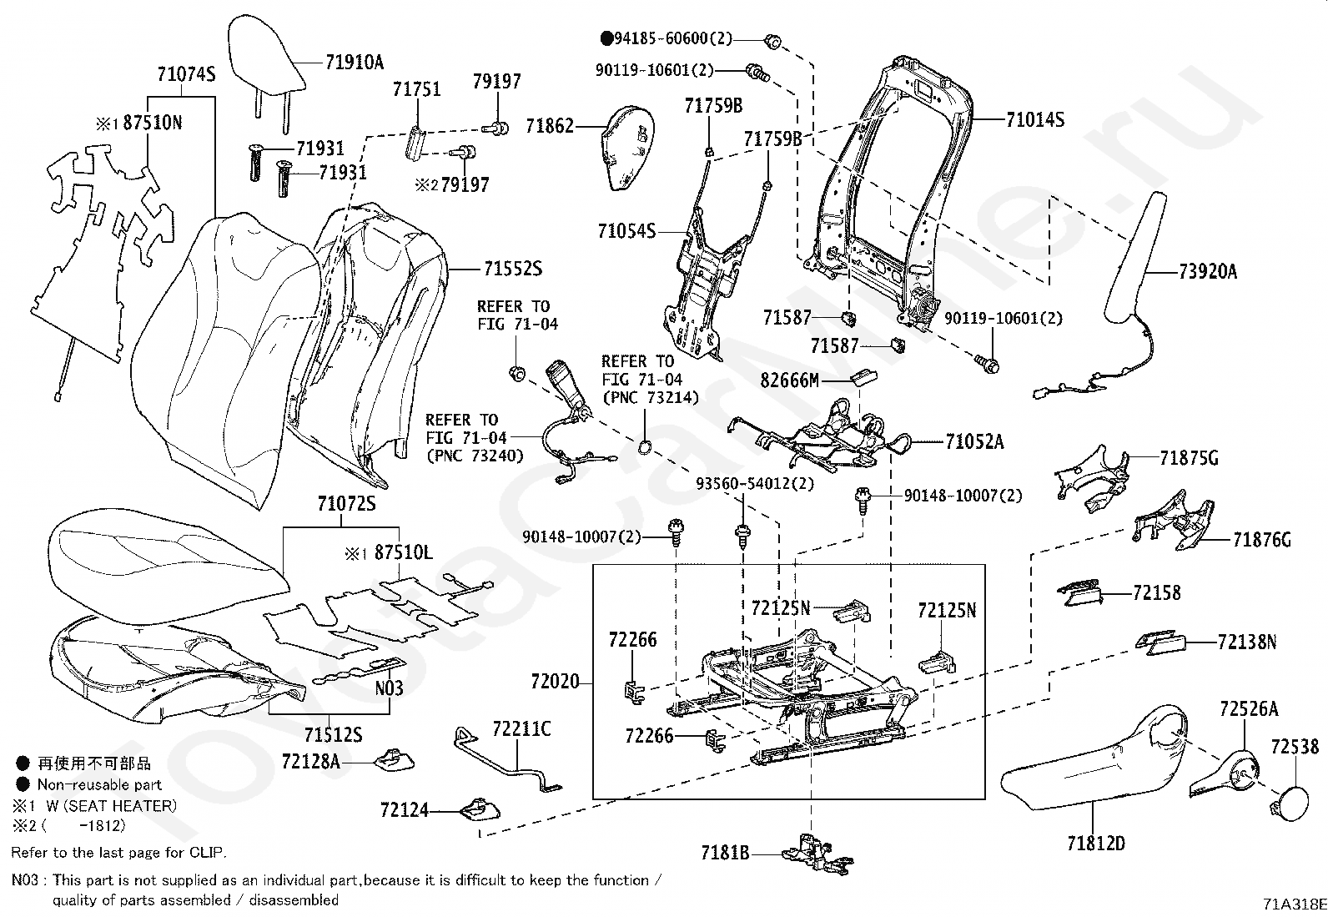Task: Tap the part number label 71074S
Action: (186, 75)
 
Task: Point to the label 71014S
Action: (1035, 120)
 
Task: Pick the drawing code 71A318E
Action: (1295, 904)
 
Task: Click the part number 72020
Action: (555, 682)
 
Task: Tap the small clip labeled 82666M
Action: (864, 375)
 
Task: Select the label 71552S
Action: (513, 269)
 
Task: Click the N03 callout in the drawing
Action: (389, 688)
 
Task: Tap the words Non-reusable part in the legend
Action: (99, 784)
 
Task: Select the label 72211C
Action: (521, 728)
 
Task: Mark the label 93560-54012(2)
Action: (755, 483)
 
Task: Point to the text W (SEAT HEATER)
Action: (112, 805)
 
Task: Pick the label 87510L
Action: (404, 552)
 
